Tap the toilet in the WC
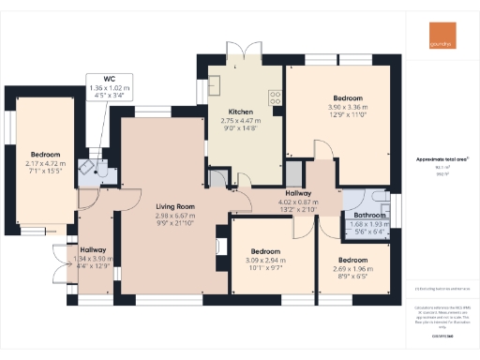pos(87,167)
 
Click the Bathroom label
pos(364,216)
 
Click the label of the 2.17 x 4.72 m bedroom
pos(44,155)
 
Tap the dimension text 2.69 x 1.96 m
pos(352,268)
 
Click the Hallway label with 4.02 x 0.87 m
pos(298,192)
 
